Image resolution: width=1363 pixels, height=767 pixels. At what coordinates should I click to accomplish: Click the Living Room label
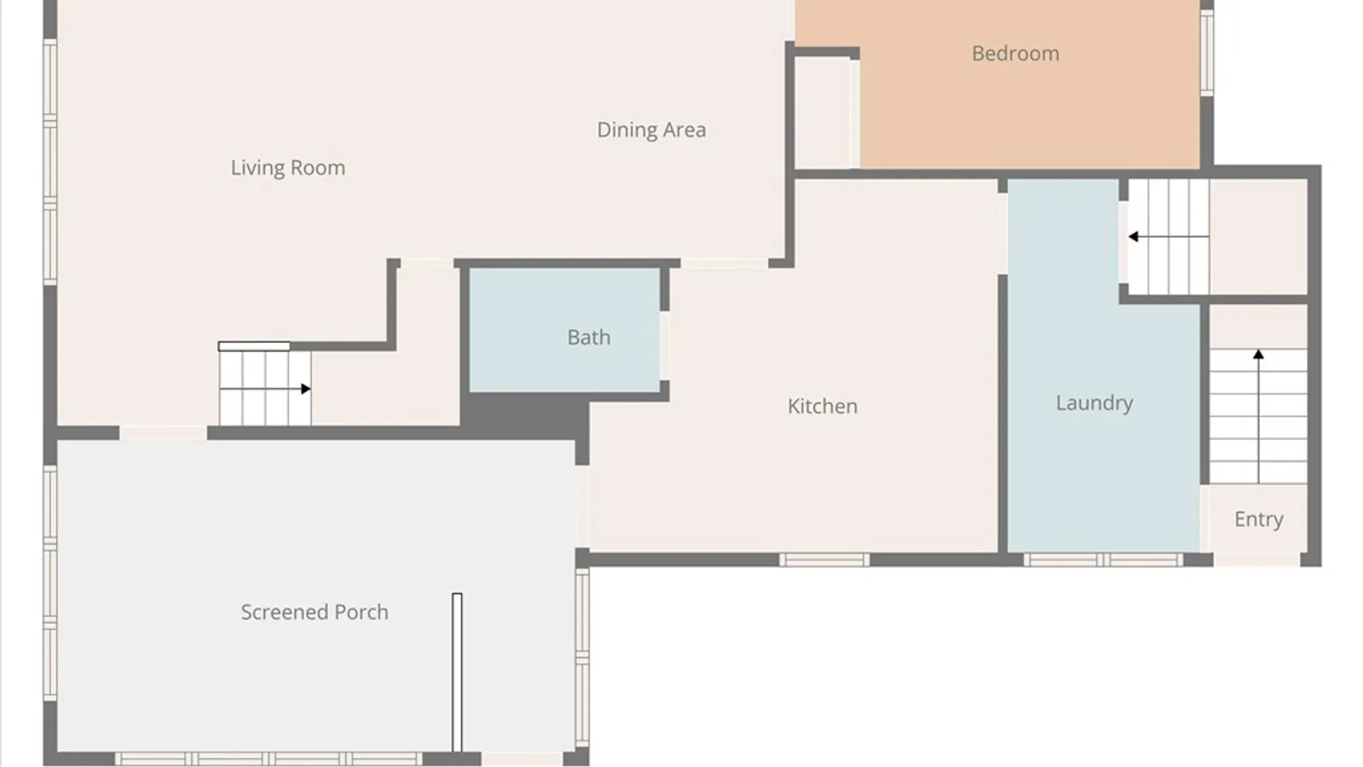point(288,168)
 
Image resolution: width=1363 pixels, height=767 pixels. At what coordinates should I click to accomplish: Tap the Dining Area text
point(651,130)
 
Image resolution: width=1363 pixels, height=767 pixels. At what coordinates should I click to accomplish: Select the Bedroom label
point(1015,53)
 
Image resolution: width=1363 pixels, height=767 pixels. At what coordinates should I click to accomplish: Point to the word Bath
point(589,337)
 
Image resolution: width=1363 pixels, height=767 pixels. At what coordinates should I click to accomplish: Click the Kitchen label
point(822,406)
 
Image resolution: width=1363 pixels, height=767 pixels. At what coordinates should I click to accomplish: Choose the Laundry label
point(1094,403)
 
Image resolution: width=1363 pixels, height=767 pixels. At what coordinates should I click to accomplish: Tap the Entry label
point(1259,519)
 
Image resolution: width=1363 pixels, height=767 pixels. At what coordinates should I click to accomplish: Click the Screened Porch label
point(314,612)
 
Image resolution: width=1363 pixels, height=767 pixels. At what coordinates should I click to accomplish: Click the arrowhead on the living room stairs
point(306,388)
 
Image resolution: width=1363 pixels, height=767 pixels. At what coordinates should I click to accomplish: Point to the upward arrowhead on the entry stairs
point(1258,354)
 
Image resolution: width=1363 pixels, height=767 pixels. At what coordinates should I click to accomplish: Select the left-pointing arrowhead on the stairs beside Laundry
point(1134,236)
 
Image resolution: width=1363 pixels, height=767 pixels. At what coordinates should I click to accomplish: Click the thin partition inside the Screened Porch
point(457,672)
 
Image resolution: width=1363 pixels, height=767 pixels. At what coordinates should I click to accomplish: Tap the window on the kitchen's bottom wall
point(824,560)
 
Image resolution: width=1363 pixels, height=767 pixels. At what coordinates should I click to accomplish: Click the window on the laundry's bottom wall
point(1103,560)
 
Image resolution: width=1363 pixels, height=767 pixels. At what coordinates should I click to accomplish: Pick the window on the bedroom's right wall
point(1207,52)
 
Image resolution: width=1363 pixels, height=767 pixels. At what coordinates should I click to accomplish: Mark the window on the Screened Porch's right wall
point(582,657)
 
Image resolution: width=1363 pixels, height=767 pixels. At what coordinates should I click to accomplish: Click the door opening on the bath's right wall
point(664,346)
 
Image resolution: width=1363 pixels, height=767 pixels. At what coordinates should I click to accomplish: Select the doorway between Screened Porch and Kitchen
point(582,506)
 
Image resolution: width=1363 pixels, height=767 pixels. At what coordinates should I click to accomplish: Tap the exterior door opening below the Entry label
point(1257,560)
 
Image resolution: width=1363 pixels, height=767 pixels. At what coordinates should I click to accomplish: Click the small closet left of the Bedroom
point(823,113)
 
